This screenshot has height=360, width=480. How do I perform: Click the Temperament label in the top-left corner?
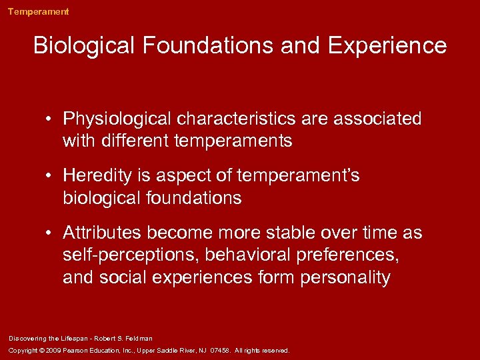coord(38,11)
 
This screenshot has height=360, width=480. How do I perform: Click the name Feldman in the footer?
coord(139,339)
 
